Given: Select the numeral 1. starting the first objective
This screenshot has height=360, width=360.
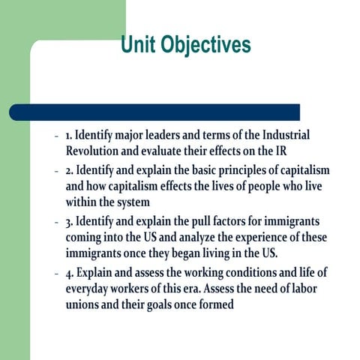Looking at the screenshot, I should coord(69,135).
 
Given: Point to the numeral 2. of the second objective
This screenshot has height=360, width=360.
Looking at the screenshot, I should coord(69,172).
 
